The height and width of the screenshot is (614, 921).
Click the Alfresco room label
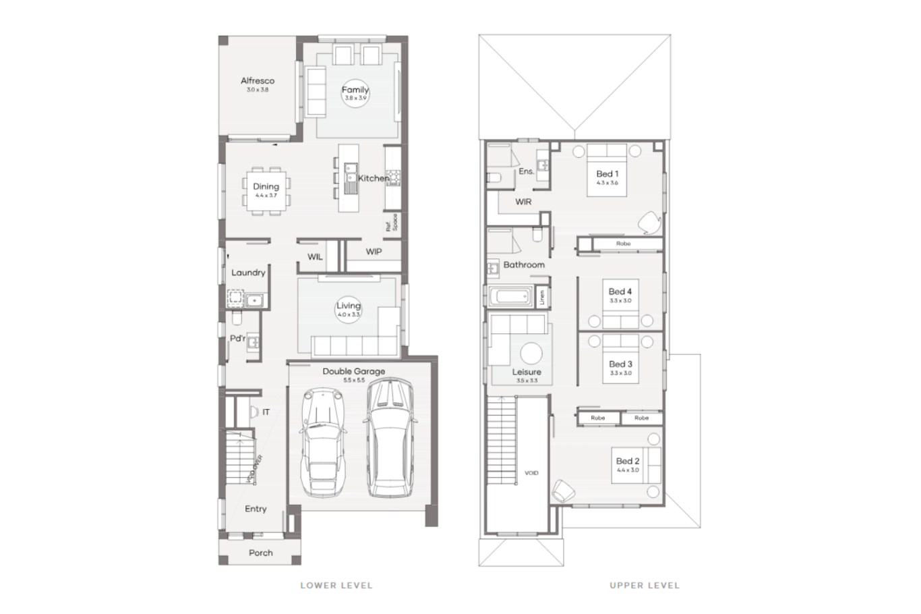click(258, 81)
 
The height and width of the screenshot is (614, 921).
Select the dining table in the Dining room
click(266, 191)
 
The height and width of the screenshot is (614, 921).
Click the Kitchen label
click(373, 178)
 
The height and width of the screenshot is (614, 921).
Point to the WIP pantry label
click(374, 252)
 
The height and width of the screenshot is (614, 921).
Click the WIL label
click(315, 257)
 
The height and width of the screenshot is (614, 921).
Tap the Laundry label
click(248, 273)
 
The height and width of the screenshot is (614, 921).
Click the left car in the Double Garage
click(324, 442)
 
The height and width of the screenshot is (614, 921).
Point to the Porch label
click(260, 553)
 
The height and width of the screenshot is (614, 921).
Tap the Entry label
click(256, 509)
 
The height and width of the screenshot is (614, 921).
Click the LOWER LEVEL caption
click(336, 585)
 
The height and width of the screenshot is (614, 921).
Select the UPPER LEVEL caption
click(645, 585)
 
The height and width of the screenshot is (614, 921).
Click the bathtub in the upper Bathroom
click(510, 297)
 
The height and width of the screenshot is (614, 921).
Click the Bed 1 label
click(607, 173)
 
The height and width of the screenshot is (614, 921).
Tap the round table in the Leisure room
click(531, 354)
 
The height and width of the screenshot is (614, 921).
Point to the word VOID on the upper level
click(531, 473)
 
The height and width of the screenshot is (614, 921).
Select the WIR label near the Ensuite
click(523, 202)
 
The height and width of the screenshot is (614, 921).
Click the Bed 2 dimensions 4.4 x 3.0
click(628, 470)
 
